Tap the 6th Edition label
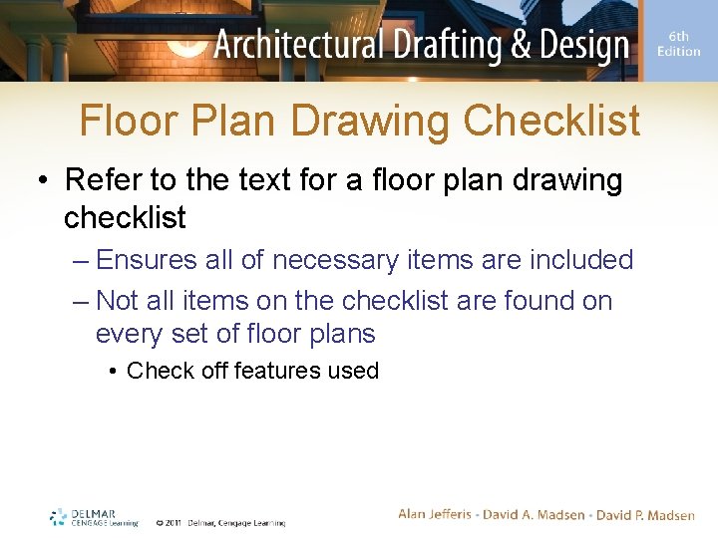[679, 44]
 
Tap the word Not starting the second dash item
[117, 301]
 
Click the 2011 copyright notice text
[219, 522]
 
